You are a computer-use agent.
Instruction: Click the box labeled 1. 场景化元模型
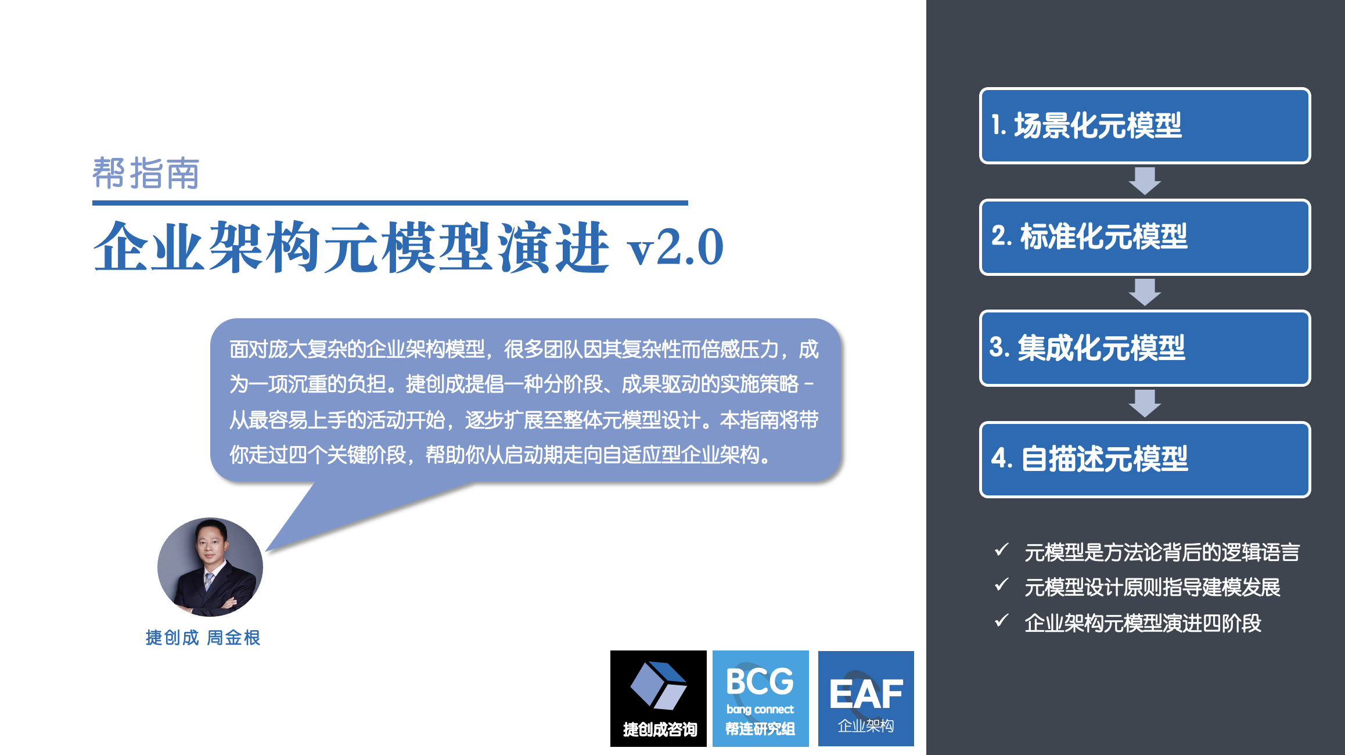[x=1145, y=125]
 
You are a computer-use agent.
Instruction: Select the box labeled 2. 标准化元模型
[x=1145, y=237]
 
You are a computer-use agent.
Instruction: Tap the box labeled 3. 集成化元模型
[x=1145, y=348]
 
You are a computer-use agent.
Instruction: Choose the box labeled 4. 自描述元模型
[x=1145, y=459]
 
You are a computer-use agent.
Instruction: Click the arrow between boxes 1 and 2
[x=1145, y=181]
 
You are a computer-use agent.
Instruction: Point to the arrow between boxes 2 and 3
[x=1145, y=292]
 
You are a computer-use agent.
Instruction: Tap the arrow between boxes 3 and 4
[x=1145, y=404]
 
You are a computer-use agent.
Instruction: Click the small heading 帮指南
[x=146, y=173]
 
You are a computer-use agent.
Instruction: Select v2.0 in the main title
[x=675, y=247]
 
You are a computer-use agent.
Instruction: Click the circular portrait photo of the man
[x=210, y=567]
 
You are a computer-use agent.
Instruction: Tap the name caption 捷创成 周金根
[x=203, y=638]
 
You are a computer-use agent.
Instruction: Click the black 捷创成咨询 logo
[x=659, y=699]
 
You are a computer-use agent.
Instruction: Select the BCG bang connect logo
[x=761, y=699]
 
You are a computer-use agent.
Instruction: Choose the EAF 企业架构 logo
[x=866, y=699]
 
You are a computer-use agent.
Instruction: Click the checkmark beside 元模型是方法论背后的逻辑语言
[x=1001, y=549]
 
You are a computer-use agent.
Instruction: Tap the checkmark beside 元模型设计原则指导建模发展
[x=1001, y=585]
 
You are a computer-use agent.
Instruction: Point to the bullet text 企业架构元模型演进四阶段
[x=1143, y=623]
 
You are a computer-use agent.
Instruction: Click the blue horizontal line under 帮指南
[x=390, y=203]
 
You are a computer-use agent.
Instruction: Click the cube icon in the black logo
[x=659, y=685]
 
